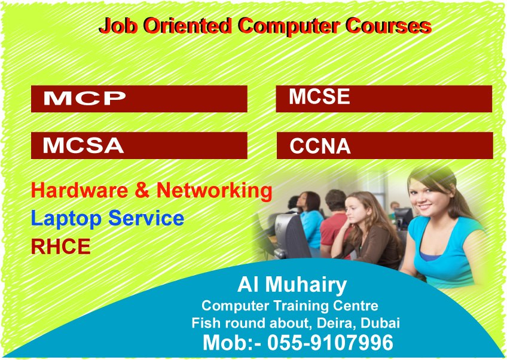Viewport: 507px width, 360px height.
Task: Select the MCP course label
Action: [84, 98]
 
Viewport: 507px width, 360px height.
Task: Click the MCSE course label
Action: [319, 96]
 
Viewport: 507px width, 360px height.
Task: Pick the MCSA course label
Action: [83, 145]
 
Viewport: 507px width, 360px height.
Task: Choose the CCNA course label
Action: [320, 146]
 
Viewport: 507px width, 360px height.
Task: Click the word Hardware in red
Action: [80, 190]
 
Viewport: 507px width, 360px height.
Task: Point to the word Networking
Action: [215, 191]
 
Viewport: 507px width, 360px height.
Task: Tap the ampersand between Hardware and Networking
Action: [142, 190]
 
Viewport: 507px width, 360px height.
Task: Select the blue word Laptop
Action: [66, 219]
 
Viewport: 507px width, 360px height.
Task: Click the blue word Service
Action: [146, 218]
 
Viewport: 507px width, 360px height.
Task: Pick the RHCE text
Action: [60, 246]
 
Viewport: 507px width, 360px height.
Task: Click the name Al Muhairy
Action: [292, 285]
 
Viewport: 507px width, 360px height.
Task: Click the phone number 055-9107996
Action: [330, 343]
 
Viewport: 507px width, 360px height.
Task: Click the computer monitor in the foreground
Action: [288, 236]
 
